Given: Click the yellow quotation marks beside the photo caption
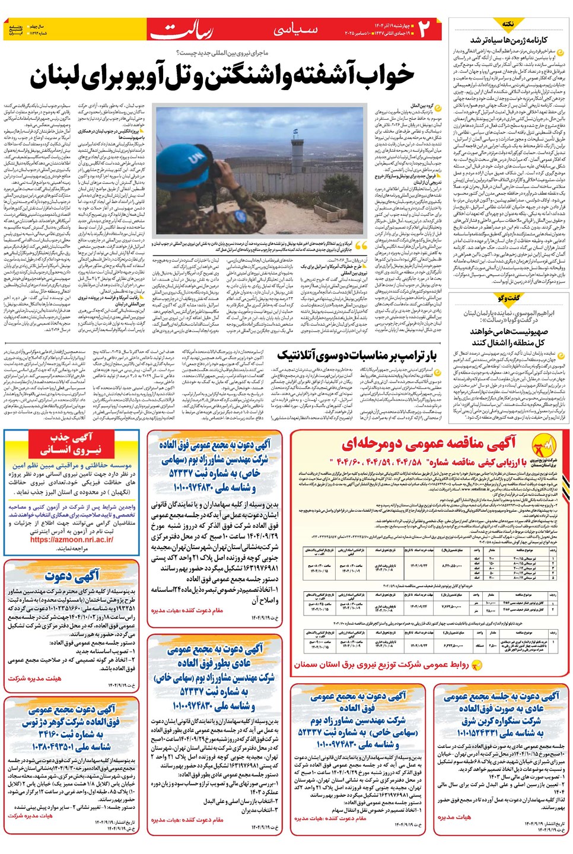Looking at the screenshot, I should tap(361, 246).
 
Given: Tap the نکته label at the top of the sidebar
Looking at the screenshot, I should tap(508, 24).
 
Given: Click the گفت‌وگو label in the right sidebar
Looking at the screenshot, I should tap(508, 298).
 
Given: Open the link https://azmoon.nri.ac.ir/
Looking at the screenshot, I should tap(74, 539).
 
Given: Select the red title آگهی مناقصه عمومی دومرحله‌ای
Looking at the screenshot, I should tap(428, 443).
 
